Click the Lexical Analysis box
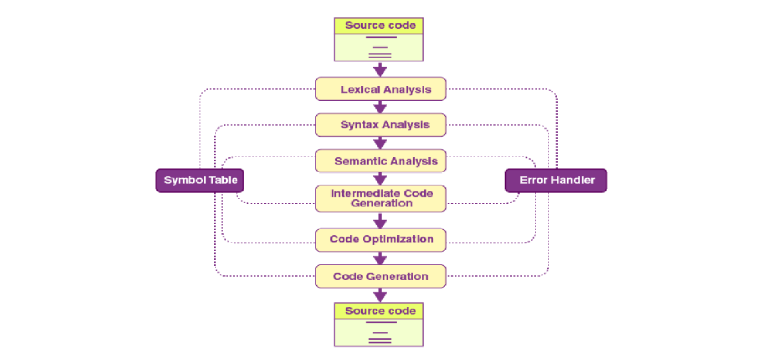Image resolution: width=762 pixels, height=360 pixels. tap(380, 89)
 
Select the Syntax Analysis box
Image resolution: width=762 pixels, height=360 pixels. tap(380, 125)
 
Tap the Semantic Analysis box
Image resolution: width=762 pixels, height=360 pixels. tap(380, 161)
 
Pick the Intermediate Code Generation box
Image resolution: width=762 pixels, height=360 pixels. tap(380, 199)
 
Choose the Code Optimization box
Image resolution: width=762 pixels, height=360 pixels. tap(380, 240)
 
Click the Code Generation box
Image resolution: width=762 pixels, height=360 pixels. tap(380, 276)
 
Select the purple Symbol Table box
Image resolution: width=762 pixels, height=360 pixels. tap(200, 181)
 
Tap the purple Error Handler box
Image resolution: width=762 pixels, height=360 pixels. tap(556, 181)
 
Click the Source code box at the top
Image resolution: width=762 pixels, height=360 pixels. tap(379, 40)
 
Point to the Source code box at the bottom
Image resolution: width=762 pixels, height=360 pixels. tap(379, 325)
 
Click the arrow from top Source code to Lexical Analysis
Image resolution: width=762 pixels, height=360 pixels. tap(380, 70)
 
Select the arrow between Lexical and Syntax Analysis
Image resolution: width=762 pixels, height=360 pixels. tap(380, 107)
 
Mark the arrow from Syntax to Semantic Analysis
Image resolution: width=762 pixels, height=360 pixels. tap(380, 143)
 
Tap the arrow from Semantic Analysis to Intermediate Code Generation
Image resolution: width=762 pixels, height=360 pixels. tap(380, 179)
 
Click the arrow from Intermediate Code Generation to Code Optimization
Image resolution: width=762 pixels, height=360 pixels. tap(380, 221)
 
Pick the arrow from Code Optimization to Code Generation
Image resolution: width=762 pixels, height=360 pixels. tap(380, 258)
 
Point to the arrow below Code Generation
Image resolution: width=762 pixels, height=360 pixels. tap(380, 295)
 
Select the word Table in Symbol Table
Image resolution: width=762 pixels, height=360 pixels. tap(223, 180)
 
